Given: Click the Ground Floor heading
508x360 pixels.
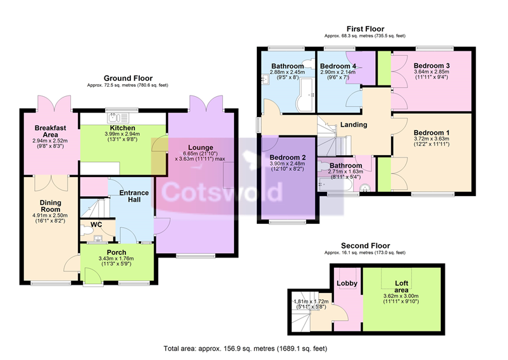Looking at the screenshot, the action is tap(128, 78).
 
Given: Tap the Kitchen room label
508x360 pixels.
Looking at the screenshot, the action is tap(123, 128).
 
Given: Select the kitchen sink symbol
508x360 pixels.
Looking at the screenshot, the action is tap(118, 117).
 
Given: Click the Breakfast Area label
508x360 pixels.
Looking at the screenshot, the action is tap(50, 131).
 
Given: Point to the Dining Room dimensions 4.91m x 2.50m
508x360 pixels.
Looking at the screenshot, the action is tap(50, 216).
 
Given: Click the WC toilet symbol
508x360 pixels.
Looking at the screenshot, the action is tap(87, 231).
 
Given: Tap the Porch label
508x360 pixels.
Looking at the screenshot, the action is tap(116, 252).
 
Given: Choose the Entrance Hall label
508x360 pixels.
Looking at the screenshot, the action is tap(134, 196).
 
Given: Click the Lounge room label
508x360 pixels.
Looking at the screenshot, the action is tap(201, 148).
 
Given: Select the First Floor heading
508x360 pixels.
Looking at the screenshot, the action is tap(366, 29).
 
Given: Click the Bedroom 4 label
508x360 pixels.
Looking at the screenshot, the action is tap(338, 66).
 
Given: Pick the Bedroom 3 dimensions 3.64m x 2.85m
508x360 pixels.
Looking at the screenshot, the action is tap(431, 71).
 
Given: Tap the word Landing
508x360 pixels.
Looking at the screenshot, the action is tap(354, 125).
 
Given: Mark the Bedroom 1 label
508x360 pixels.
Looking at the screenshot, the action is tap(431, 132).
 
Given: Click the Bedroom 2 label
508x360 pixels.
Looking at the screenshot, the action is tap(288, 158).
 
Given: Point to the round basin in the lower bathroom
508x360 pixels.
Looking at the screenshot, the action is tap(366, 188).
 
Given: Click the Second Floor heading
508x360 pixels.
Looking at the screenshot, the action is tap(366, 245).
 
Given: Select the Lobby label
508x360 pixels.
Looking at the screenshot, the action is tap(347, 283).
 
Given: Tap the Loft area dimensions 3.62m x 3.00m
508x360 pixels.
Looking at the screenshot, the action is tap(401, 296).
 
